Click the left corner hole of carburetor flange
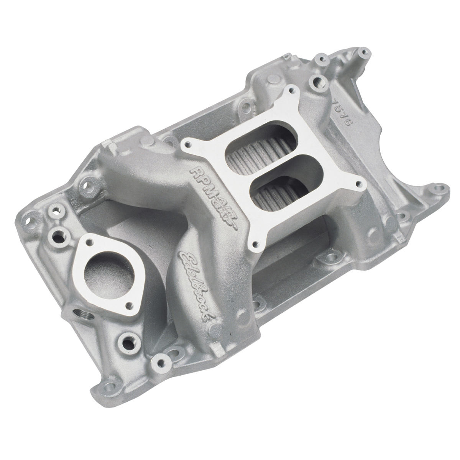[x=187, y=145]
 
